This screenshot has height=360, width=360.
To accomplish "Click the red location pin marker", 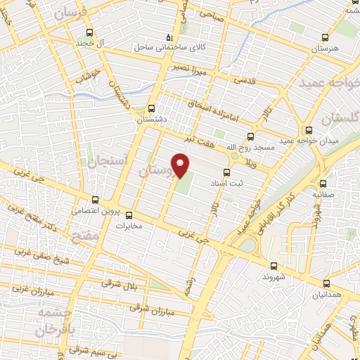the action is click(181, 166).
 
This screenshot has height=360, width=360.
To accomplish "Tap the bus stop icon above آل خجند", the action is click(89, 32).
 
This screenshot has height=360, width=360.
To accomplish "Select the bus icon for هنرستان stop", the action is click(325, 37).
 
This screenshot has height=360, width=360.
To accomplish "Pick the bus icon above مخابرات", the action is click(129, 215).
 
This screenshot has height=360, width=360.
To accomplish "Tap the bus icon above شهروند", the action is click(274, 265).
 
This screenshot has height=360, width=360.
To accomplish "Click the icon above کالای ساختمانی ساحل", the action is click(169, 37).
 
